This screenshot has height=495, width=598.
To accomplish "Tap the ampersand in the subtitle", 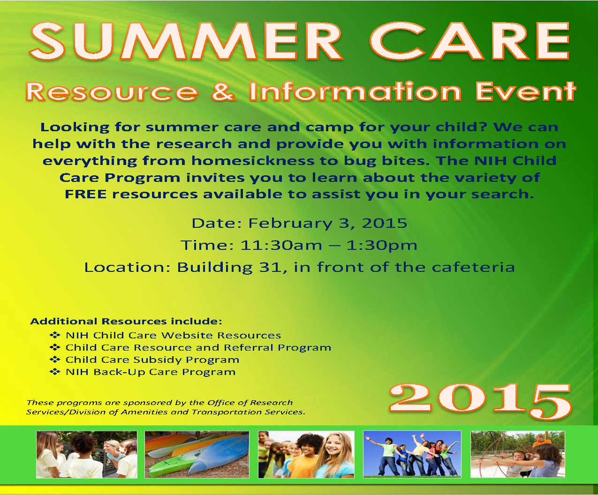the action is click(x=224, y=91).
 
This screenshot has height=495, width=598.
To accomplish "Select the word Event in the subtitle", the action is click(x=526, y=91).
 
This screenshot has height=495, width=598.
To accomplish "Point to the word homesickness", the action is click(x=253, y=161).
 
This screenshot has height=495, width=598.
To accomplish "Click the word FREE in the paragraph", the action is click(x=86, y=194).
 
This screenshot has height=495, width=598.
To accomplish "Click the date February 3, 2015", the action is click(x=327, y=223).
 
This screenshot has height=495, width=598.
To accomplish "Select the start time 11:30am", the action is click(x=281, y=245).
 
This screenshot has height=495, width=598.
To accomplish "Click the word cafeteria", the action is click(x=473, y=267).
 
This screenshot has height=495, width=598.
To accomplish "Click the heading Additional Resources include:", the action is click(x=126, y=321).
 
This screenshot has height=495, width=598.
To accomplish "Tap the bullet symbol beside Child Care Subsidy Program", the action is click(x=55, y=360).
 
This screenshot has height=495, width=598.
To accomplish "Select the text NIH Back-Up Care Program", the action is click(x=151, y=372).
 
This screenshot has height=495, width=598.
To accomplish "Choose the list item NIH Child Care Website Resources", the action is click(x=173, y=335).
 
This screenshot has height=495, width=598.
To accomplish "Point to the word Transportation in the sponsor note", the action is click(x=227, y=412).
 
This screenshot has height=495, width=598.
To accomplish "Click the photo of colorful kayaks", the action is click(x=197, y=455).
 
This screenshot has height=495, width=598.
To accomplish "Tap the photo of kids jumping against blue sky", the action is click(x=412, y=454).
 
